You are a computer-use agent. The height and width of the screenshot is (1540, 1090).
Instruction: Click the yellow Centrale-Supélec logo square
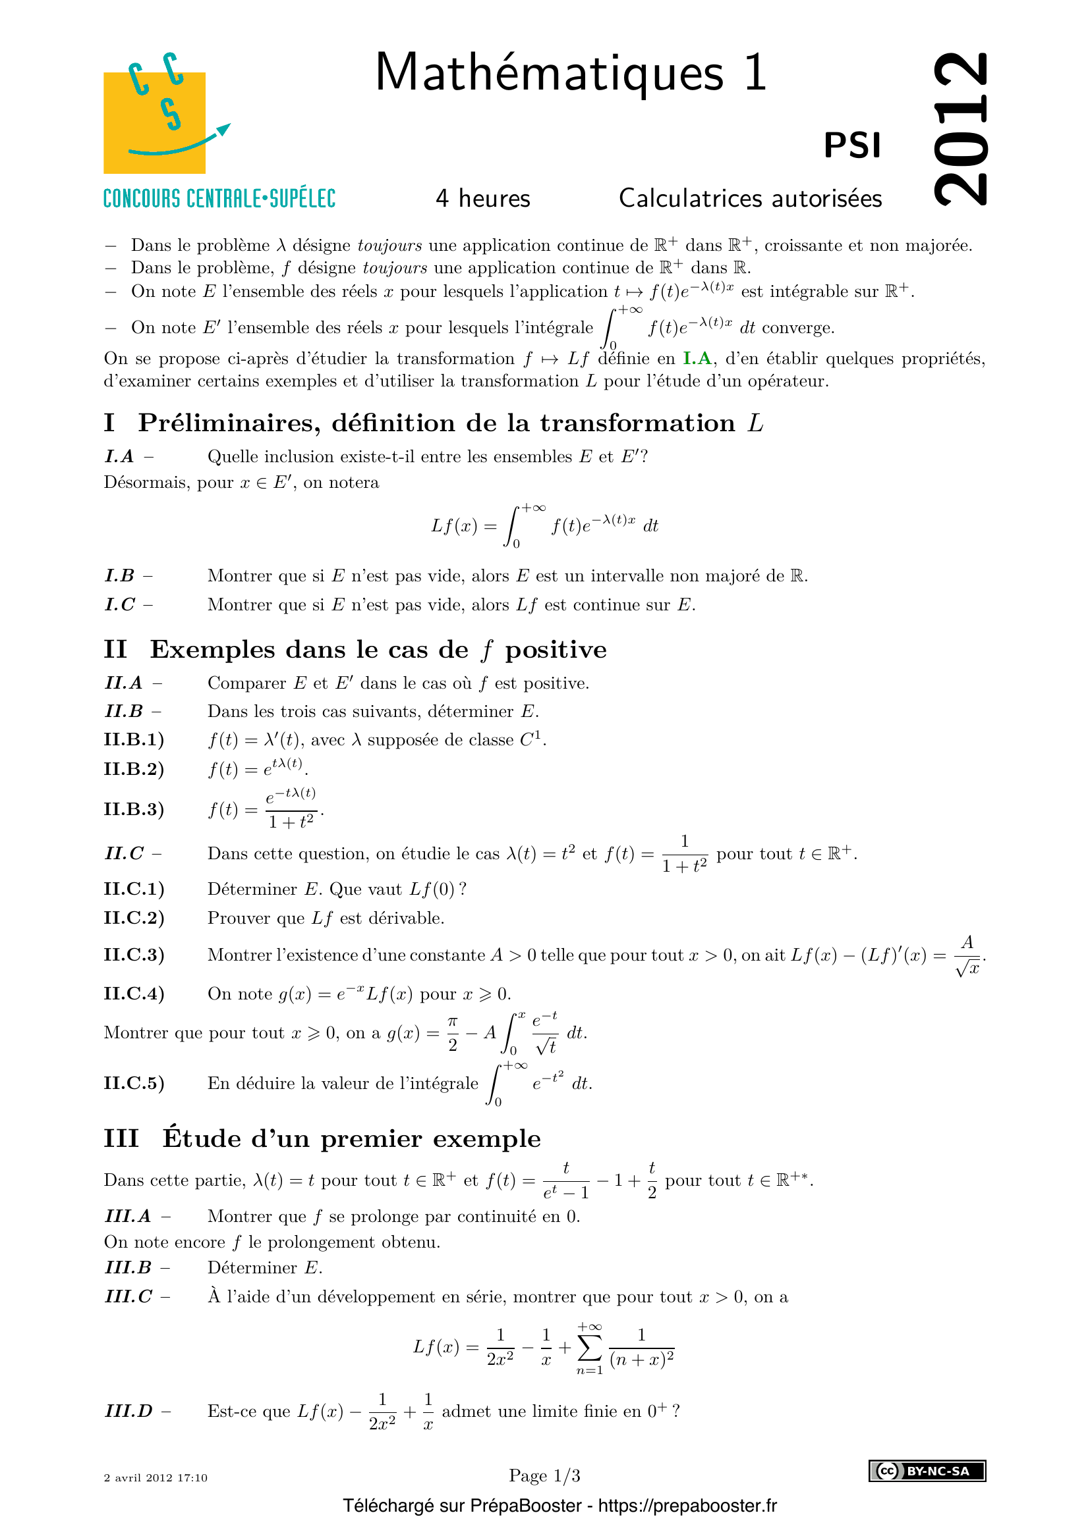tap(154, 122)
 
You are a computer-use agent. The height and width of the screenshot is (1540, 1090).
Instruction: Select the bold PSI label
tap(851, 146)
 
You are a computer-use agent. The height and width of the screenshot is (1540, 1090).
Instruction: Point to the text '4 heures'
tap(482, 199)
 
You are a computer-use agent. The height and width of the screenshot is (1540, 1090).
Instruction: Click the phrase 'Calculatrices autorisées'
tap(750, 199)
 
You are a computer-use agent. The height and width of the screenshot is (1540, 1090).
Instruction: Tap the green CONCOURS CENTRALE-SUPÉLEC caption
tap(219, 199)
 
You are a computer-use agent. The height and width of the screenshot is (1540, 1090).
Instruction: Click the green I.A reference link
tap(697, 359)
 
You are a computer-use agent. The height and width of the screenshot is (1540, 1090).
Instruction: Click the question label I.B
tap(120, 576)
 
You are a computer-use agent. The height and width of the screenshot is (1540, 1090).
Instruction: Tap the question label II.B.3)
tap(134, 810)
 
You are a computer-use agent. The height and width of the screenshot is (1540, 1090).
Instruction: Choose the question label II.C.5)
tap(134, 1083)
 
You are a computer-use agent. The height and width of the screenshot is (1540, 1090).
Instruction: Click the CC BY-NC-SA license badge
tap(927, 1471)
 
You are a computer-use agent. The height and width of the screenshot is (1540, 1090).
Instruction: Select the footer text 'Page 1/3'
tap(544, 1475)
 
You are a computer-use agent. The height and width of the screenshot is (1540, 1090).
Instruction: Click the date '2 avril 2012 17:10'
tap(156, 1477)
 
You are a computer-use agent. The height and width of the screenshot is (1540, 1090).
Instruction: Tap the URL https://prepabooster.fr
tap(687, 1506)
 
